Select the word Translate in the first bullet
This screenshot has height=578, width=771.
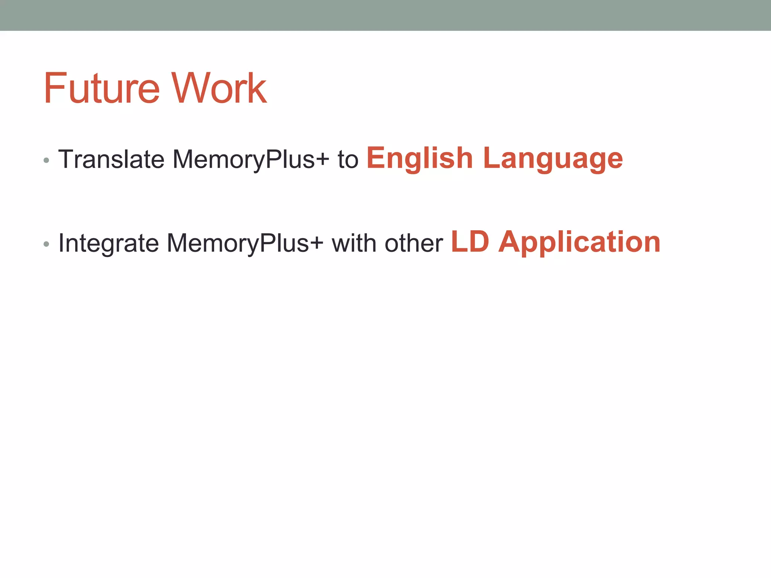coord(111,159)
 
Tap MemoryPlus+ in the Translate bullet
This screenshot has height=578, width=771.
coord(251,159)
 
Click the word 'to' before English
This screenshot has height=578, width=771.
coord(348,159)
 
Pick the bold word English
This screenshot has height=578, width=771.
coord(419,158)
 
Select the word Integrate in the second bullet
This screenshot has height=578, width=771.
coord(109,243)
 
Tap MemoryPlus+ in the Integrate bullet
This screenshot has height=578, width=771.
coord(245,243)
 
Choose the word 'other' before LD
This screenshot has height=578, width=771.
coord(414,243)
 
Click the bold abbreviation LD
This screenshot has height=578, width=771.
coord(470,242)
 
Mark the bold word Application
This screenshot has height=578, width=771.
coord(579,242)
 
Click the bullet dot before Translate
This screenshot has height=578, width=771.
coord(46,161)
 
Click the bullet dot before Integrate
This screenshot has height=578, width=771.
coord(46,244)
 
